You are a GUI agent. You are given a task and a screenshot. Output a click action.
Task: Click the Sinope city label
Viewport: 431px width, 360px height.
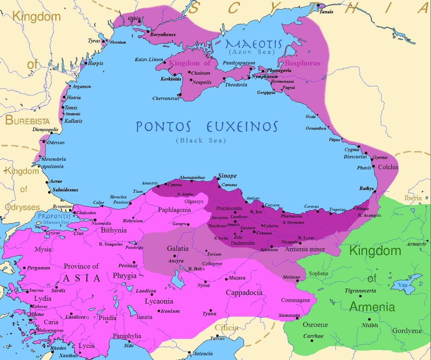click(x=227, y=176)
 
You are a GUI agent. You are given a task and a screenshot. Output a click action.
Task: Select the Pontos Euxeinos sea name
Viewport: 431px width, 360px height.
click(x=206, y=127)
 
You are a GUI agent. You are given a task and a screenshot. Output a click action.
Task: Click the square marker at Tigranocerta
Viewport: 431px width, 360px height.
click(x=361, y=296)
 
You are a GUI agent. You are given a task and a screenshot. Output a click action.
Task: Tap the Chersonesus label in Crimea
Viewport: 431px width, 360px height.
click(x=166, y=98)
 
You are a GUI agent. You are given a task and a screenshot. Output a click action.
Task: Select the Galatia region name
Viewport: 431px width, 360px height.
click(x=178, y=249)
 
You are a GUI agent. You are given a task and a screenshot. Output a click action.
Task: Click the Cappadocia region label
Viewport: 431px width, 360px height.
click(x=244, y=293)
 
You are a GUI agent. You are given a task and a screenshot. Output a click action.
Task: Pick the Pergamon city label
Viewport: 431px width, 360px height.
click(x=39, y=268)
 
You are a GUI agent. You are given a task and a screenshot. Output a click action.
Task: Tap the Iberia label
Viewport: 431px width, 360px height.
click(x=413, y=198)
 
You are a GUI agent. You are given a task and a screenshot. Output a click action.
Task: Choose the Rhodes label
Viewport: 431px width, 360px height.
click(x=58, y=348)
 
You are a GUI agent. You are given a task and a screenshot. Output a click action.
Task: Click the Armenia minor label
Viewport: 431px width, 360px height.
click(x=305, y=249)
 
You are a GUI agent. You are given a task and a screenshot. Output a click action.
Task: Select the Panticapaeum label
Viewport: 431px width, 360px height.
click(x=239, y=63)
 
